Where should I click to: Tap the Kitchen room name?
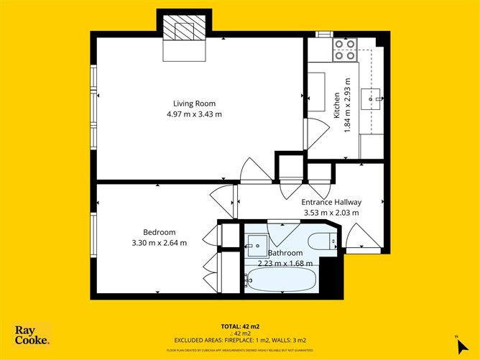(336, 106)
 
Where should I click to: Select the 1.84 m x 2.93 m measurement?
(347, 105)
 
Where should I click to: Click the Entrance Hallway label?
(331, 202)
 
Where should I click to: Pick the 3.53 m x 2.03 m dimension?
(331, 213)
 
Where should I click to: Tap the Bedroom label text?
(159, 231)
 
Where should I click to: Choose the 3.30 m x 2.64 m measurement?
(159, 243)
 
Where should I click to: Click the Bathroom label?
(285, 253)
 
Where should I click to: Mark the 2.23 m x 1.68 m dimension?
(285, 264)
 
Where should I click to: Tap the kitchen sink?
(375, 94)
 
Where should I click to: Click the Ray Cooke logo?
(32, 336)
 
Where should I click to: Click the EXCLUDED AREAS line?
(240, 339)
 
